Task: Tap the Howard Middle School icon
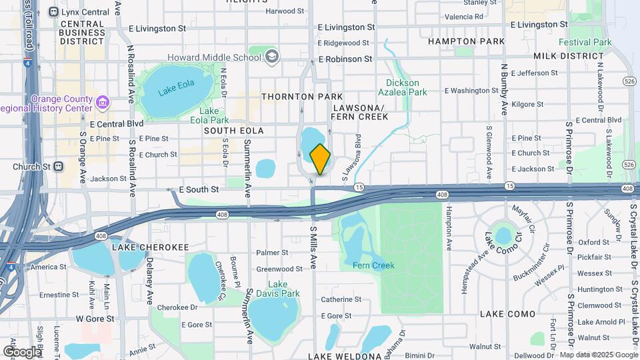click(x=271, y=56)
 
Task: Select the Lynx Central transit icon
click(x=54, y=11)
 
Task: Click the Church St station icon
click(x=58, y=167)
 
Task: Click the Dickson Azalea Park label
click(x=403, y=87)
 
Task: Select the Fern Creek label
click(x=373, y=265)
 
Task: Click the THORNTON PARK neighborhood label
click(x=293, y=97)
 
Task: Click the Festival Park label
click(x=585, y=42)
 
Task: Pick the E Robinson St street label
click(x=345, y=59)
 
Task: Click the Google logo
click(x=22, y=351)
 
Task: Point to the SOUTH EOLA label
click(x=234, y=131)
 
